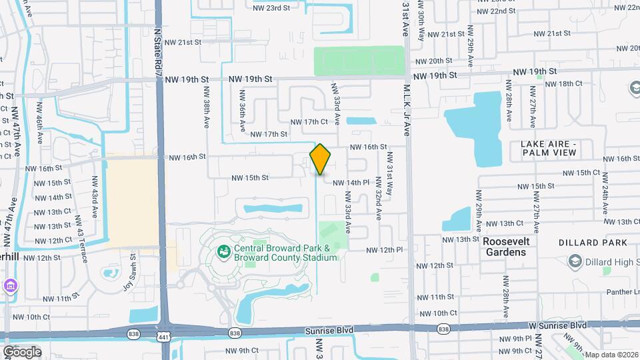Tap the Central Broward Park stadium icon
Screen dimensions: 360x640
(x=223, y=252)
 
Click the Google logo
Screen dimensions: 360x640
(x=22, y=351)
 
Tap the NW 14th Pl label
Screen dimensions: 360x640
(x=351, y=182)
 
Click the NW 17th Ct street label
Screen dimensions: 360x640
(x=309, y=121)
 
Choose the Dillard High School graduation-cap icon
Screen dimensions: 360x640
(x=573, y=262)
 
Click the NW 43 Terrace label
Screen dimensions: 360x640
(x=84, y=239)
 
